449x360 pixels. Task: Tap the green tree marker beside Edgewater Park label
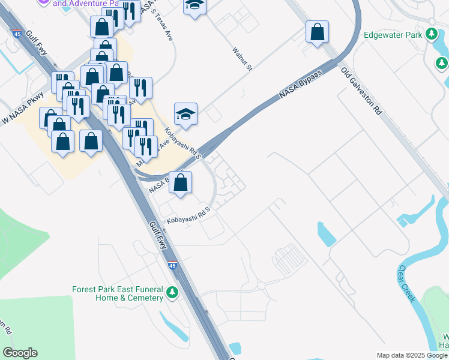click(431, 34)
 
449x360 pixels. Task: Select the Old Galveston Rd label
click(361, 91)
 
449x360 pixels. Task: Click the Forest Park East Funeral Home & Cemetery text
click(118, 293)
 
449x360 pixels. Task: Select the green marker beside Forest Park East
click(173, 293)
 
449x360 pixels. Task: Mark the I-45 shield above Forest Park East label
click(172, 266)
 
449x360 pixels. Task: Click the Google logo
click(20, 353)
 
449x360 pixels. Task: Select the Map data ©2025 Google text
click(411, 355)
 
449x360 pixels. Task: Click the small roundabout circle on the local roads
click(261, 285)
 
